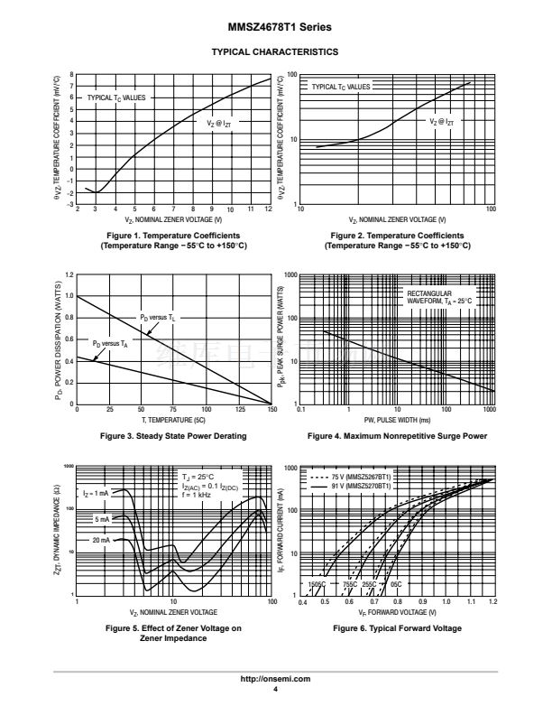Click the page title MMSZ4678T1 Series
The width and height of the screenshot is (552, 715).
coord(274,29)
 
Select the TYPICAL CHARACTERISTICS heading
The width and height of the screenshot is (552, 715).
coord(274,52)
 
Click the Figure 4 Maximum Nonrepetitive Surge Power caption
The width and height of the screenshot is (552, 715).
coord(397,436)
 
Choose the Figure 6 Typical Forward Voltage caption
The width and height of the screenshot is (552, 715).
coord(397,628)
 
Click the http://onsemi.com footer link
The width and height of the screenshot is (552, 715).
coord(274,679)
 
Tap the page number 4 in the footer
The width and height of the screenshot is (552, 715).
coord(274,689)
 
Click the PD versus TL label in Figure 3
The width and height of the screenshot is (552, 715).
coord(157,318)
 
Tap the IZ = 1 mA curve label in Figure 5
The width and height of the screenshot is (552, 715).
coord(96,494)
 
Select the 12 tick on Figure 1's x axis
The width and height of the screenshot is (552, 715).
coord(269,209)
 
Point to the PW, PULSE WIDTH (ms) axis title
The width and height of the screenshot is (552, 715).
coord(397,421)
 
